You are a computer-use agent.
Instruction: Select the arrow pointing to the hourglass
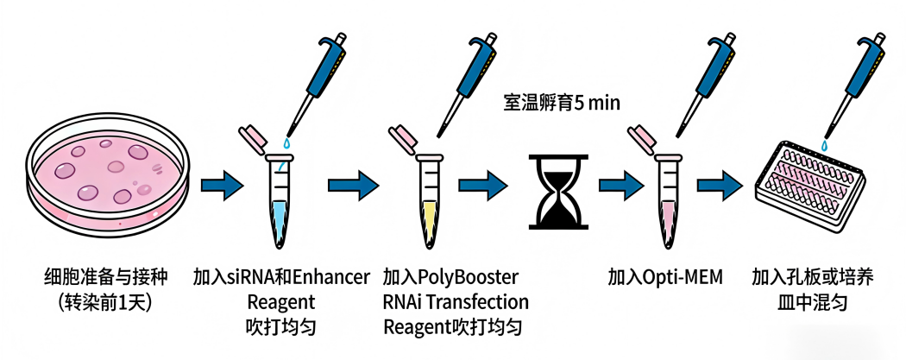coord(484,184)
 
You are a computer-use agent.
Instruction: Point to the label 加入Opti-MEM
coord(665,278)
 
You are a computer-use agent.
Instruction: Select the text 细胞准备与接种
coord(104,278)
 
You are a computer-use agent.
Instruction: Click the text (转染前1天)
coord(104,303)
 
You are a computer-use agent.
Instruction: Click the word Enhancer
coord(331,278)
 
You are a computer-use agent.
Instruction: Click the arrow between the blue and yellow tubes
coord(351,184)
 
